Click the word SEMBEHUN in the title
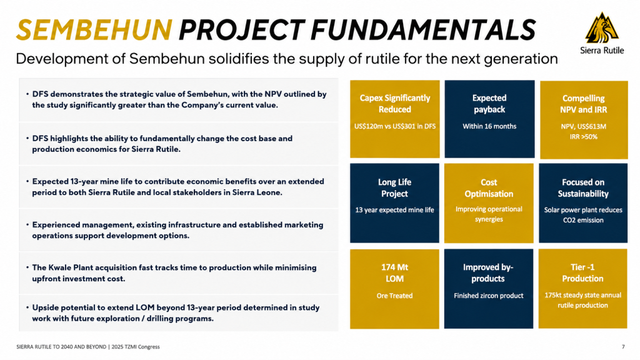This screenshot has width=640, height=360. (x=94, y=30)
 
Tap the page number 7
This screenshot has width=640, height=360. (x=623, y=347)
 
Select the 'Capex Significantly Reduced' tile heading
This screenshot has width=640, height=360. (x=395, y=104)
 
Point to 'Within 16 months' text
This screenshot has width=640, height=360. (x=489, y=126)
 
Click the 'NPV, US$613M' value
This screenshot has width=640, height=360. (x=583, y=126)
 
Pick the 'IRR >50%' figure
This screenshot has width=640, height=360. (x=583, y=137)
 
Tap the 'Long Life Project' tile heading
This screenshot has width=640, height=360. (x=394, y=187)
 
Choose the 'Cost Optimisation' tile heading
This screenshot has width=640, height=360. (x=489, y=188)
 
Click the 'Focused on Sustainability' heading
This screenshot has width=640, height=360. (x=583, y=188)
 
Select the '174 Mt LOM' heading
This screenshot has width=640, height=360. (x=394, y=273)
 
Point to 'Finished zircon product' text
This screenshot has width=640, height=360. (x=489, y=296)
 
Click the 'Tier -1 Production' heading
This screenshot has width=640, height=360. (x=582, y=273)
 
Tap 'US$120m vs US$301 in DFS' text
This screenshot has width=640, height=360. (x=395, y=126)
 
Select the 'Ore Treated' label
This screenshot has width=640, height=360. (x=394, y=296)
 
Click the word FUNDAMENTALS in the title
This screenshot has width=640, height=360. (x=423, y=30)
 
